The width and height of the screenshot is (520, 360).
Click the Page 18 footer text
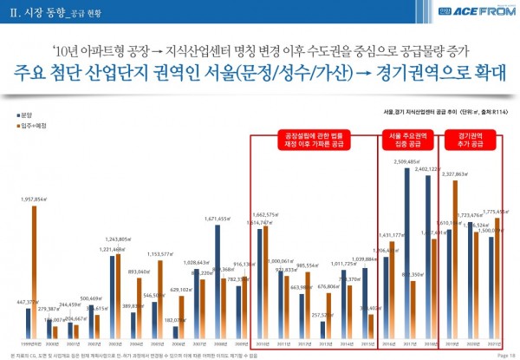(504, 355)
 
